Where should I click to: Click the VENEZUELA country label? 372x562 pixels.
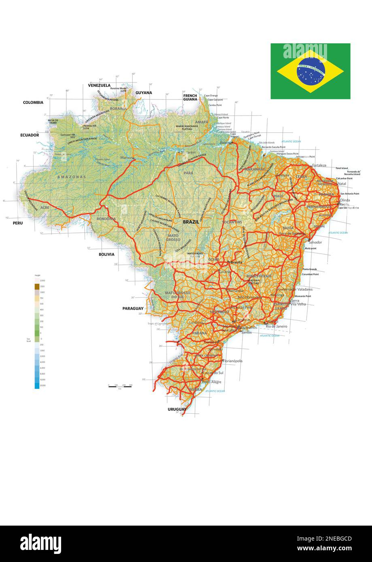click(x=99, y=85)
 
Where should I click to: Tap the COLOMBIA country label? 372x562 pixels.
click(x=33, y=102)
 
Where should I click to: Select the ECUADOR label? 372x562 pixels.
click(x=30, y=135)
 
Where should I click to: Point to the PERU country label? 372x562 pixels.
click(x=17, y=223)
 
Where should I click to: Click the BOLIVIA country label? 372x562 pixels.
click(x=106, y=254)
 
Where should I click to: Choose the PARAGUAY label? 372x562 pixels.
click(x=133, y=308)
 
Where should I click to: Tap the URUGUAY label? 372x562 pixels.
click(x=177, y=410)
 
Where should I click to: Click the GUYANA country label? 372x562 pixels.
click(x=144, y=93)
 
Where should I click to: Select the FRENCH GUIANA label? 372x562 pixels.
click(x=190, y=97)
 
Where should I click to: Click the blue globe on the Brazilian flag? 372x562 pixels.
click(x=310, y=72)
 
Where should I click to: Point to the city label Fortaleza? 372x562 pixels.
click(x=319, y=165)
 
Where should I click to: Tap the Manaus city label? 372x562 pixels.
click(x=127, y=157)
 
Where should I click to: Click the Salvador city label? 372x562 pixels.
click(x=315, y=242)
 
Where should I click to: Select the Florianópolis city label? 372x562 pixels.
click(x=233, y=361)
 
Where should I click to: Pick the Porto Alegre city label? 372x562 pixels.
click(x=212, y=382)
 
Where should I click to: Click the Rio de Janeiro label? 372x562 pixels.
click(x=276, y=326)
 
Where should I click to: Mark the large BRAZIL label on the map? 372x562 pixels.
click(x=191, y=222)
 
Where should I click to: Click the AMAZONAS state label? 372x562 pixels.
click(x=72, y=177)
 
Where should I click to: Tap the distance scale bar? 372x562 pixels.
click(x=120, y=387)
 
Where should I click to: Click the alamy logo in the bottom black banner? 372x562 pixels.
click(x=41, y=543)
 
